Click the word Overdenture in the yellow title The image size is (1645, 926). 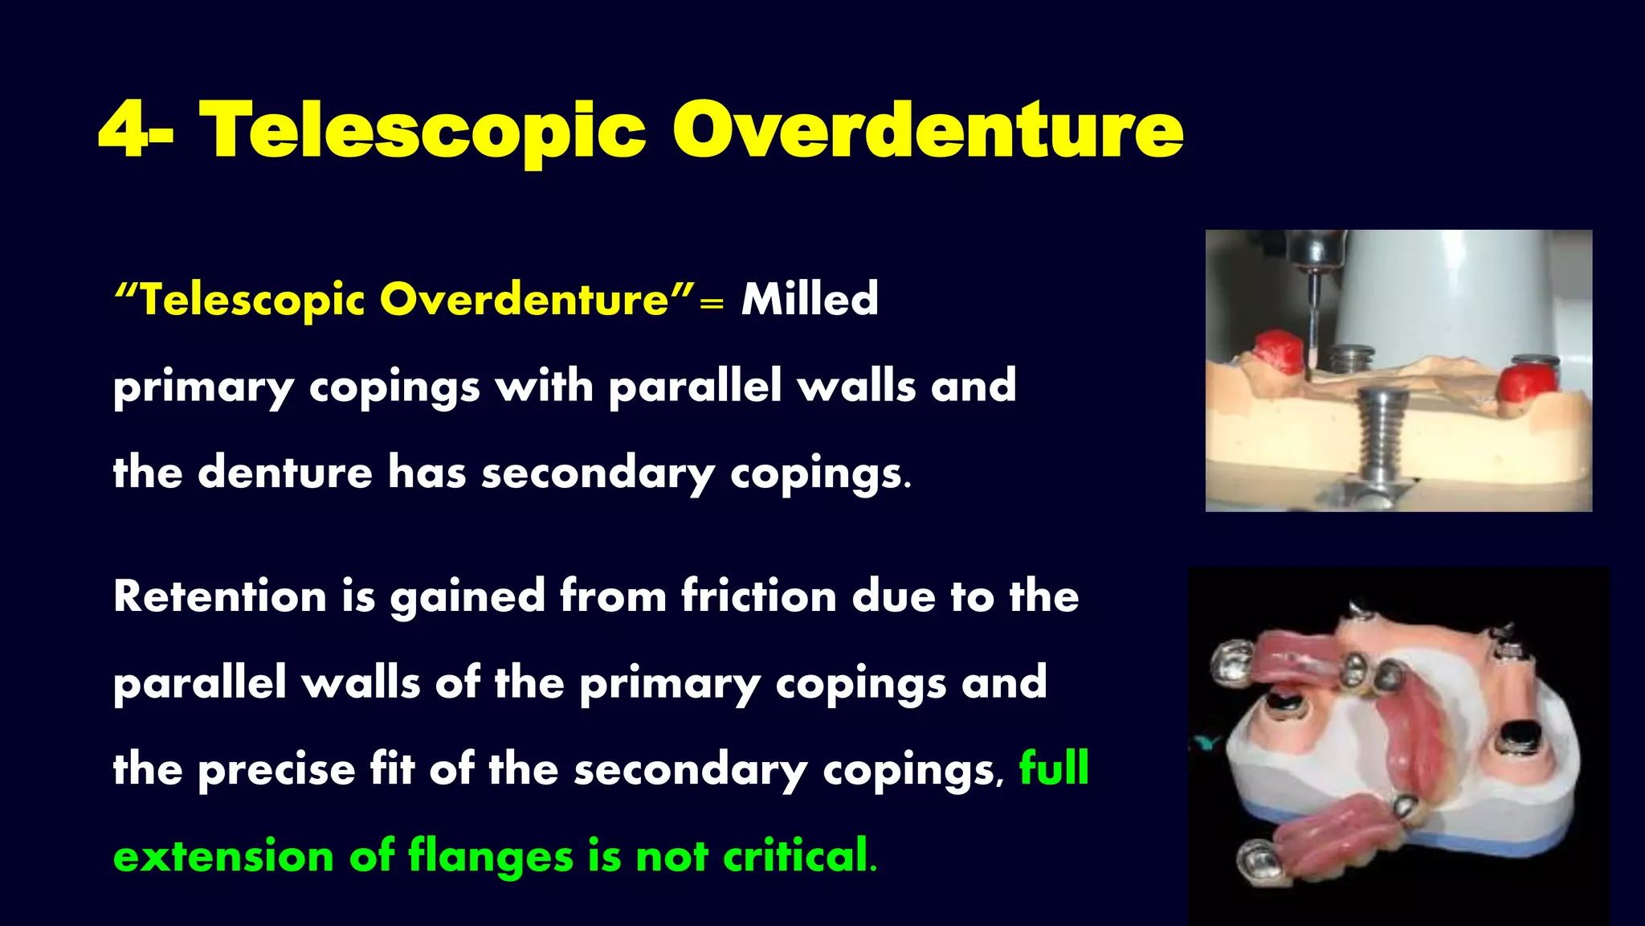pyautogui.click(x=927, y=130)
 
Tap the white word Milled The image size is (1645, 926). pyautogui.click(x=810, y=299)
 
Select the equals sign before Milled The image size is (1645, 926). pyautogui.click(x=711, y=304)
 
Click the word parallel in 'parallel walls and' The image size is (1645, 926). pyautogui.click(x=695, y=386)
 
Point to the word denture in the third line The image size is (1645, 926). pyautogui.click(x=285, y=472)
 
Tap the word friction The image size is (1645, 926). pyautogui.click(x=759, y=596)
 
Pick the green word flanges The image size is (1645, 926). pyautogui.click(x=491, y=855)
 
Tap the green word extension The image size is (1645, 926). pyautogui.click(x=223, y=855)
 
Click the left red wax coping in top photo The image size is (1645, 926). pyautogui.click(x=1279, y=352)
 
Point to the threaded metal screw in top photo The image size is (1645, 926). pyautogui.click(x=1382, y=438)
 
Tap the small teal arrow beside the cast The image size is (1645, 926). pyautogui.click(x=1206, y=744)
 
